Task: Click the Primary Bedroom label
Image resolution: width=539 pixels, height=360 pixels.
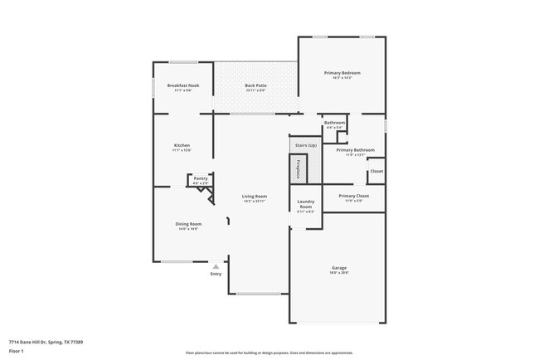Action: click(342, 73)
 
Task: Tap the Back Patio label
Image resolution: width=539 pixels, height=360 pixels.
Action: click(255, 85)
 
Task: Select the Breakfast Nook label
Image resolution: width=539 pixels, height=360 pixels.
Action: click(182, 85)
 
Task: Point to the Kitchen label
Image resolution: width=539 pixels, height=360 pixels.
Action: click(182, 145)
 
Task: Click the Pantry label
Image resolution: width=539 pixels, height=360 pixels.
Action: click(201, 178)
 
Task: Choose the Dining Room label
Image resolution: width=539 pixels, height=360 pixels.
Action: click(188, 224)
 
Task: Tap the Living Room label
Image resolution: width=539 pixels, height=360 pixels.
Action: click(254, 196)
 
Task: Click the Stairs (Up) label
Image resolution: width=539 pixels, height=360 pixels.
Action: click(305, 145)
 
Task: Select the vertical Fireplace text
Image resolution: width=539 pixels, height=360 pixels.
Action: click(298, 168)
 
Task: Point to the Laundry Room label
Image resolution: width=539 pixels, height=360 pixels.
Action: click(305, 203)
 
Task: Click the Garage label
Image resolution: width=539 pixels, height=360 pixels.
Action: click(338, 267)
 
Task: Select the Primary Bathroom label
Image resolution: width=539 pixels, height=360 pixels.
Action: click(355, 149)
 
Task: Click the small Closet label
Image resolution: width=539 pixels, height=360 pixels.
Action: click(376, 171)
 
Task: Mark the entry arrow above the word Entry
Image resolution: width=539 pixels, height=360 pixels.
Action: click(216, 266)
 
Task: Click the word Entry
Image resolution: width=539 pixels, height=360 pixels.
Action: click(216, 274)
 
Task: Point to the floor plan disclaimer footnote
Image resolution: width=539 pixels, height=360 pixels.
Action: click(269, 352)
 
